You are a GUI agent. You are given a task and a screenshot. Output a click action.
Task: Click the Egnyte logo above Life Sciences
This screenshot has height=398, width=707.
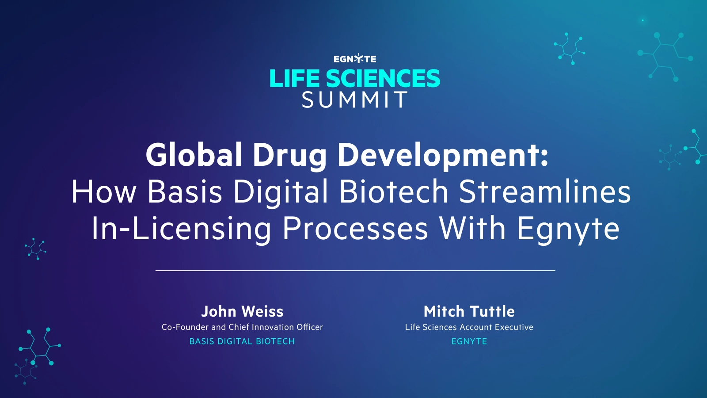point(355,59)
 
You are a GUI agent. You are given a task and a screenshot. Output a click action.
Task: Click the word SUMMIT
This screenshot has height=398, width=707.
point(355,100)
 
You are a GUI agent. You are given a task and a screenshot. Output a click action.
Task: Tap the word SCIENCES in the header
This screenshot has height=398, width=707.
point(383,79)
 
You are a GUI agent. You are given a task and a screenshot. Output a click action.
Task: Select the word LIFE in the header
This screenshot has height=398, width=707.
point(294,79)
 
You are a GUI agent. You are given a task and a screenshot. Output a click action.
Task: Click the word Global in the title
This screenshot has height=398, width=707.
point(194,155)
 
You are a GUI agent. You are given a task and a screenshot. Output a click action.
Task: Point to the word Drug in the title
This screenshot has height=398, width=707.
point(289,156)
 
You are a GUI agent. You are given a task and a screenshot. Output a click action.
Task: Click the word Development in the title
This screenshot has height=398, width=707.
point(442,156)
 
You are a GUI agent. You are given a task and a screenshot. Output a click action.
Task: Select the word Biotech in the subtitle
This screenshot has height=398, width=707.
point(394,191)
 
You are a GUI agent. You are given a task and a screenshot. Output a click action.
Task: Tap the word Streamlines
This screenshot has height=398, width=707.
point(545,191)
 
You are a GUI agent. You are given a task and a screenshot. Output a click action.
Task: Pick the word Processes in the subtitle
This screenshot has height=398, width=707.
point(355,229)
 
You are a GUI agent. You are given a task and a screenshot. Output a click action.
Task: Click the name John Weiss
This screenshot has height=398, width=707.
point(242,311)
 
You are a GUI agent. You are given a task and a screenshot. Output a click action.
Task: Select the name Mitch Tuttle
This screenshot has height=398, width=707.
point(469,311)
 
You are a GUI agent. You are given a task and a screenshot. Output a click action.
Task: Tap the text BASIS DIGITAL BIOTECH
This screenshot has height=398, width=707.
point(242,341)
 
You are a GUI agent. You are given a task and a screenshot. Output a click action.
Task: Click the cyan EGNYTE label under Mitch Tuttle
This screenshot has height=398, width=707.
point(469,341)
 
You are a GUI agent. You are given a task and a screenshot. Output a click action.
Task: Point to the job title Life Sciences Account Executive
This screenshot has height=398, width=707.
point(469,327)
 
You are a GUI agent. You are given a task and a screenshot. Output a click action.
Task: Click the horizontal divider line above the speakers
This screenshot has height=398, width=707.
point(355,270)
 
